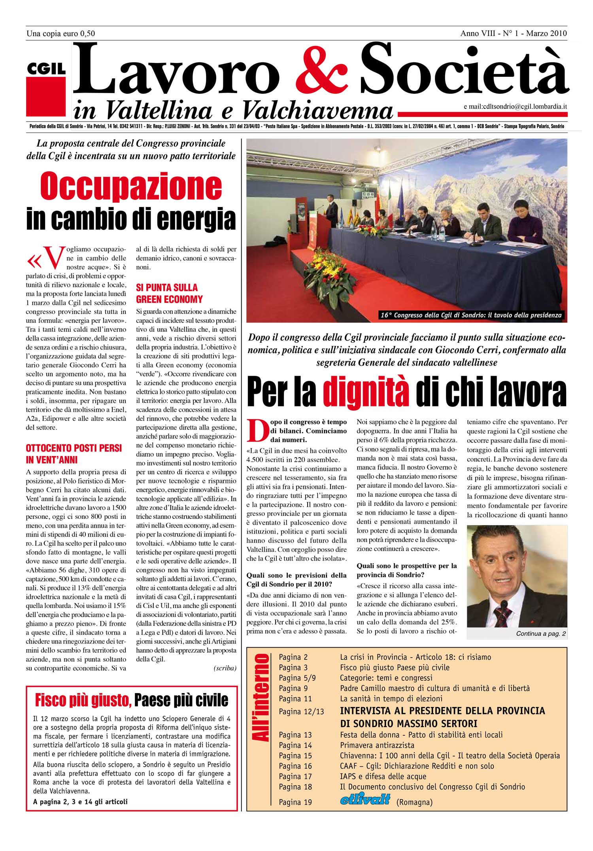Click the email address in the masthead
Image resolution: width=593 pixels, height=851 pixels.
click(516, 106)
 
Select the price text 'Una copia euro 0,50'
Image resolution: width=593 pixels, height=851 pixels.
click(60, 34)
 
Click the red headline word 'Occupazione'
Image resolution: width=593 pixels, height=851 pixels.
click(131, 186)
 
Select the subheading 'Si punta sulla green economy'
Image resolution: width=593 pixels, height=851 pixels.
click(169, 293)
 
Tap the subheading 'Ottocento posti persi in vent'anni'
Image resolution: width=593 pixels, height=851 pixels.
click(74, 454)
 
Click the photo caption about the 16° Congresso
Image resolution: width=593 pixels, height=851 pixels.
click(471, 315)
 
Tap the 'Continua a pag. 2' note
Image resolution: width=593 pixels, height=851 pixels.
click(540, 634)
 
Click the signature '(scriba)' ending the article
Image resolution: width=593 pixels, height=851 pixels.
click(225, 668)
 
